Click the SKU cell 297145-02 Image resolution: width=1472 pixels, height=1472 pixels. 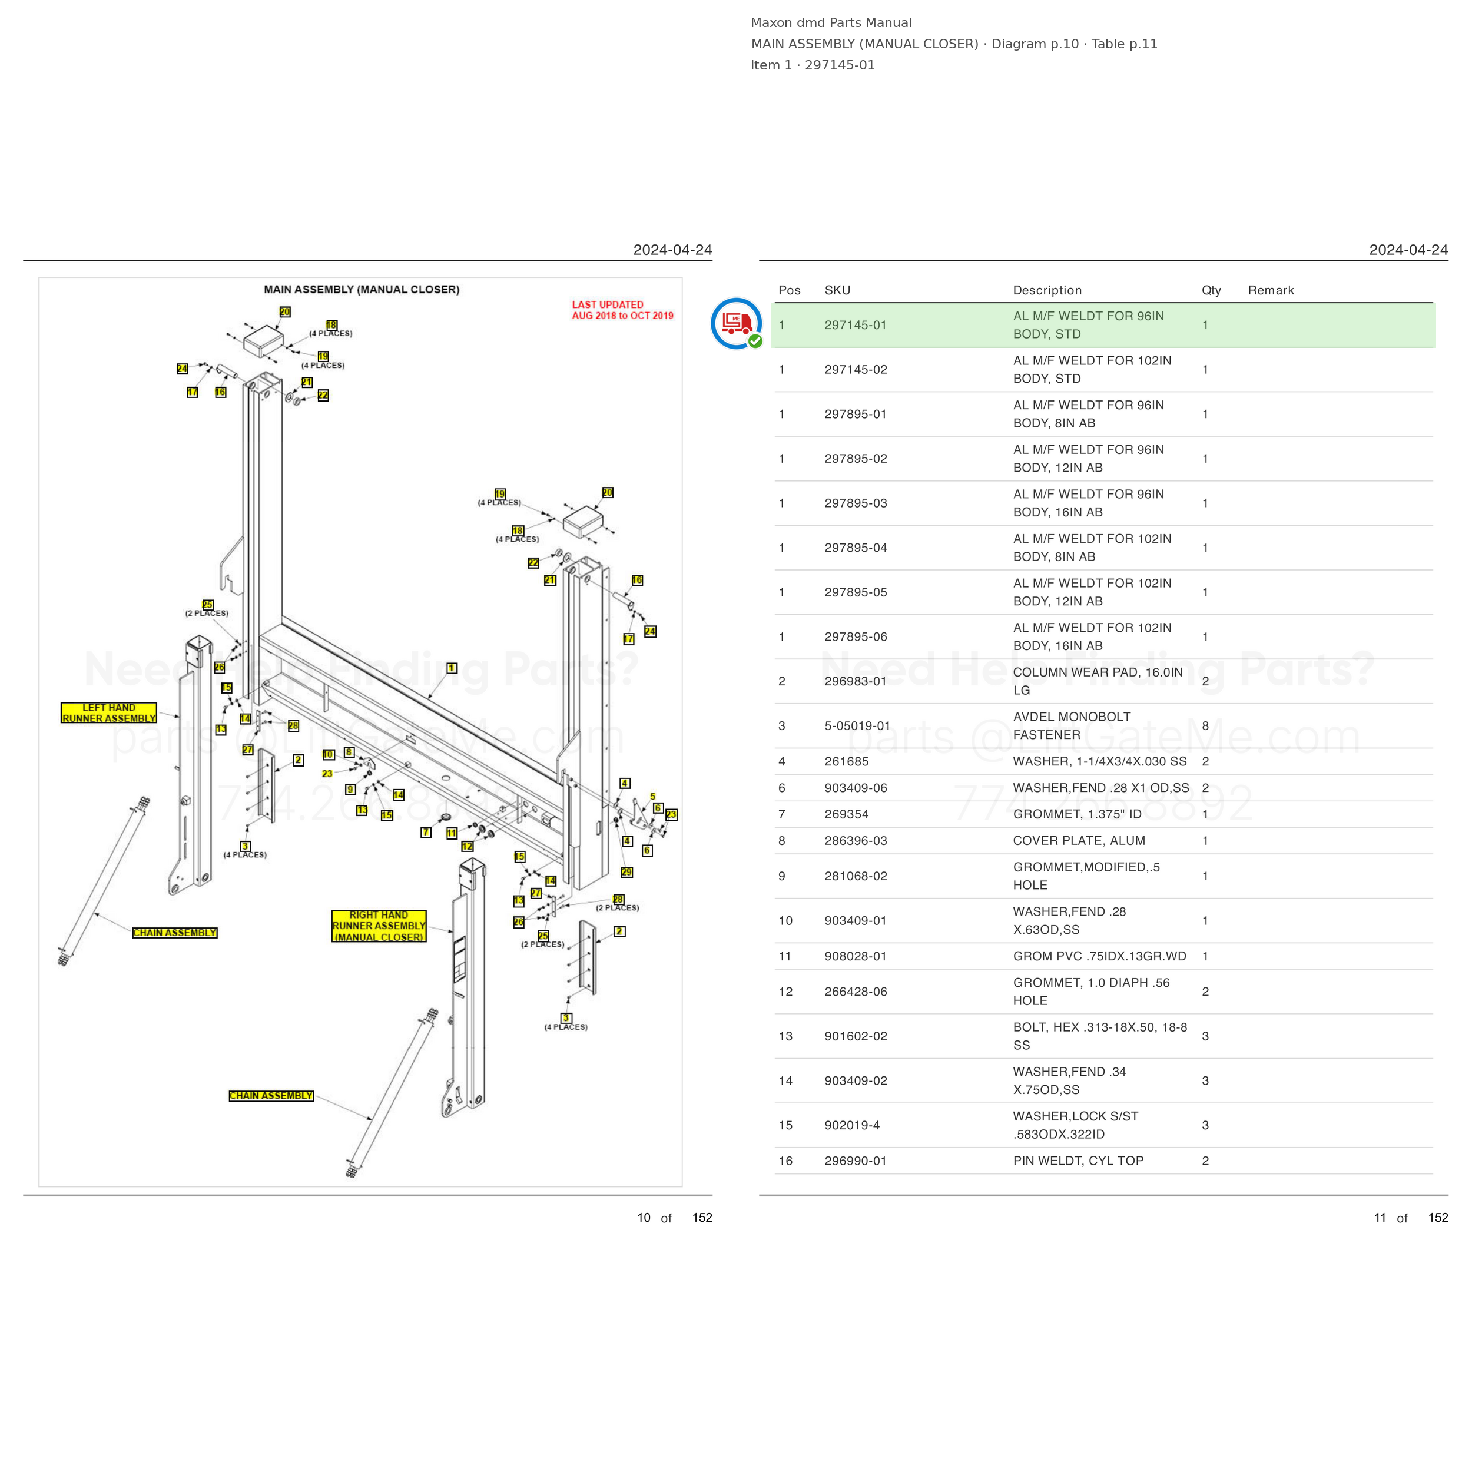pos(856,370)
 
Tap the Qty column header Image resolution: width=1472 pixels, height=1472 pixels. pos(1211,290)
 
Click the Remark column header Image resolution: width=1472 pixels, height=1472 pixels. pos(1271,290)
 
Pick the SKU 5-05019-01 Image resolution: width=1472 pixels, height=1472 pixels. pos(857,725)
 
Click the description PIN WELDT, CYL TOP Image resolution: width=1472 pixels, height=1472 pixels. pos(1078,1161)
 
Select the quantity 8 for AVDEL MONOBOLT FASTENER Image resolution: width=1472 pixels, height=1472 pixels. pos(1205,725)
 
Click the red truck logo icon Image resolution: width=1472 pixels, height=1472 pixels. pos(736,324)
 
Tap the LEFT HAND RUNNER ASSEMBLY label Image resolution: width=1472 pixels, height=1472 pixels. pos(109,713)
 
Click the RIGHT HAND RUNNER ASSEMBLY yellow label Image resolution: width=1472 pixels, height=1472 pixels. pos(379,926)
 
